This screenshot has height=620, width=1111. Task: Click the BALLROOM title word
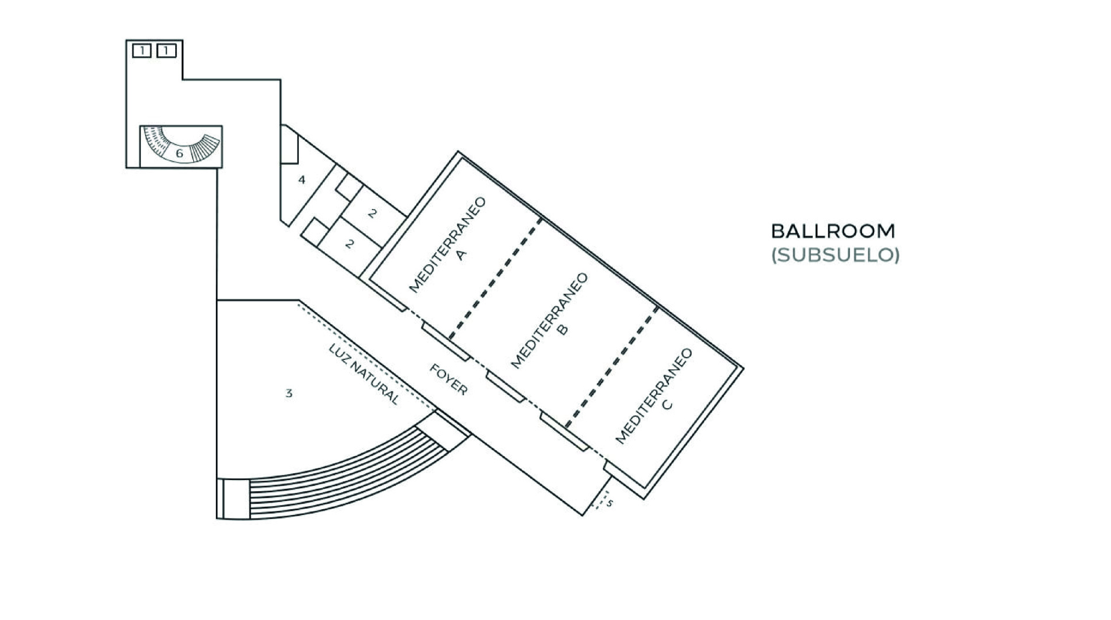[x=833, y=231]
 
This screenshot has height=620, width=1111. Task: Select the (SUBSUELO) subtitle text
[x=835, y=255]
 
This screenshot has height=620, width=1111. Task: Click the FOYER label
[x=448, y=380]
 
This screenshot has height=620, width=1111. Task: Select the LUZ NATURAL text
[x=364, y=374]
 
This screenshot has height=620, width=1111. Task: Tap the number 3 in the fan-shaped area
[x=289, y=394]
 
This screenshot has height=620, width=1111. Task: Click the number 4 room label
[x=302, y=180]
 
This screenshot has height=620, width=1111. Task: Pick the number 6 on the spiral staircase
[x=179, y=153]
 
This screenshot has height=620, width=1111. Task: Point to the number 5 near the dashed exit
[x=609, y=503]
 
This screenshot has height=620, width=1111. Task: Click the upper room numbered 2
[x=372, y=213]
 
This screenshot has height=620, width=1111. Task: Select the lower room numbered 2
[x=349, y=244]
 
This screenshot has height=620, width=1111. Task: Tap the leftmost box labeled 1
[x=142, y=51]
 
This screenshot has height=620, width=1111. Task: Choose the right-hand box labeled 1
[x=166, y=51]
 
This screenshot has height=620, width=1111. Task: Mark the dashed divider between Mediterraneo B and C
[x=612, y=367]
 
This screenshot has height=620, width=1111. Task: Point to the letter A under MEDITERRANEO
[x=461, y=254]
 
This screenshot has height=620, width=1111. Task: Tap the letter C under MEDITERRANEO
[x=667, y=404]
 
